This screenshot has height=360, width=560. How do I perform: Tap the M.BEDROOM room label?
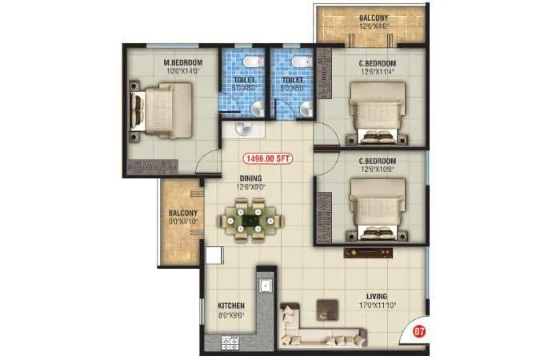coord(183,62)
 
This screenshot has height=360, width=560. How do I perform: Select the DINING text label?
coord(250,179)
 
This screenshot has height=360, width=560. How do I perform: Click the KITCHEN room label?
coord(230,306)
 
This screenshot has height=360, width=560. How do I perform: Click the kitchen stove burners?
coord(230,342)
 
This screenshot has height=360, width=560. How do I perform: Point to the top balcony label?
coord(374,18)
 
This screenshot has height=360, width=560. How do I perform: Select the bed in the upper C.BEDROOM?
coord(375,114)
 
